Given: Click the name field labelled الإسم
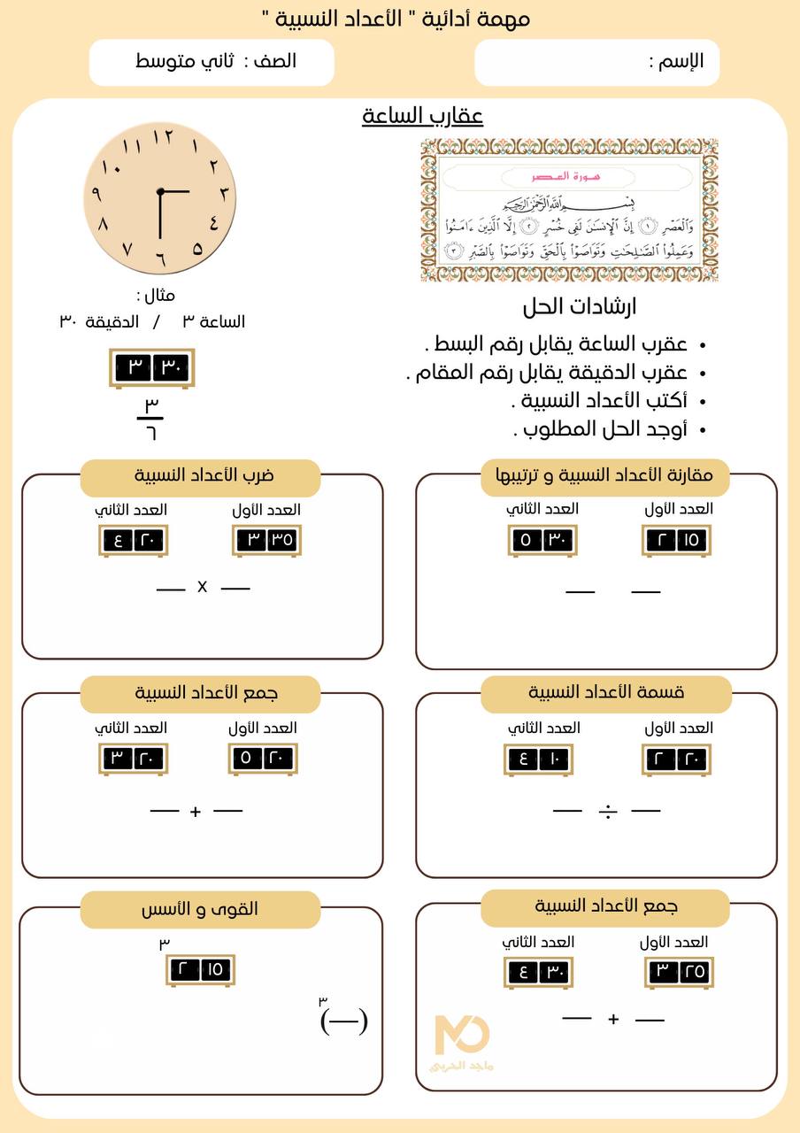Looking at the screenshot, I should coord(596,62).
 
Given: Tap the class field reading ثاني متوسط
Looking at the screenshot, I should coord(212,62).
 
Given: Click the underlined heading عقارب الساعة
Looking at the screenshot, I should coord(422,116).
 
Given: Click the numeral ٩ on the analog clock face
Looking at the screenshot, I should coord(96,194).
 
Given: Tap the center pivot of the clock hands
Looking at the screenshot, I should coord(160,191).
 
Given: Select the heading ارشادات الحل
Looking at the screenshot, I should coord(580,307).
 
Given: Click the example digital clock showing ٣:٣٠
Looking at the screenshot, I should coord(151,367).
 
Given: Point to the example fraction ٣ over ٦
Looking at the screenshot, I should coord(151,419).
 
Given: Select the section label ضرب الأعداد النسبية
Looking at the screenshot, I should coord(200,476).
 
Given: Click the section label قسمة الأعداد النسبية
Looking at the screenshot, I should coord(606,693).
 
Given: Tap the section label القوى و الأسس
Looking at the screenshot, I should coord(200,909).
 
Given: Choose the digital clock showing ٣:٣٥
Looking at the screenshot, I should coord(265,540).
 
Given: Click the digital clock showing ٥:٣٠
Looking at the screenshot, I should coord(542,540).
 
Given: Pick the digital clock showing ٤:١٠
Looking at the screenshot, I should coord(539,759).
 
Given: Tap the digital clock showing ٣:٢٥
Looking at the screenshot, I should coord(679,972).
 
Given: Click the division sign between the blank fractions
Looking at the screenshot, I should coord(607,810).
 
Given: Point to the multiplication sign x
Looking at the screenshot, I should coord(202,587).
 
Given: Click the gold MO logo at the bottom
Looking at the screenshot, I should coord(462,1037).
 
